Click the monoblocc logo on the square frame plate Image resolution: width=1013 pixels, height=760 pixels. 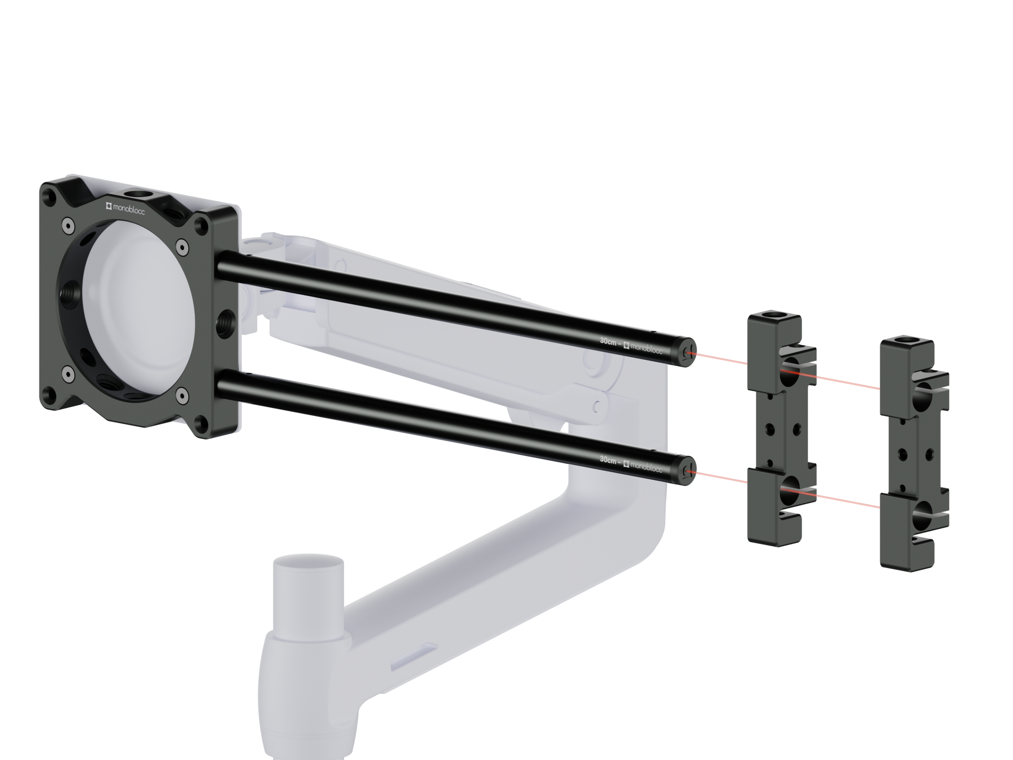(125, 208)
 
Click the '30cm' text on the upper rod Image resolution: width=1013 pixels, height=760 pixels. (608, 341)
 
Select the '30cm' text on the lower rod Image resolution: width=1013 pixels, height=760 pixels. (608, 460)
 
